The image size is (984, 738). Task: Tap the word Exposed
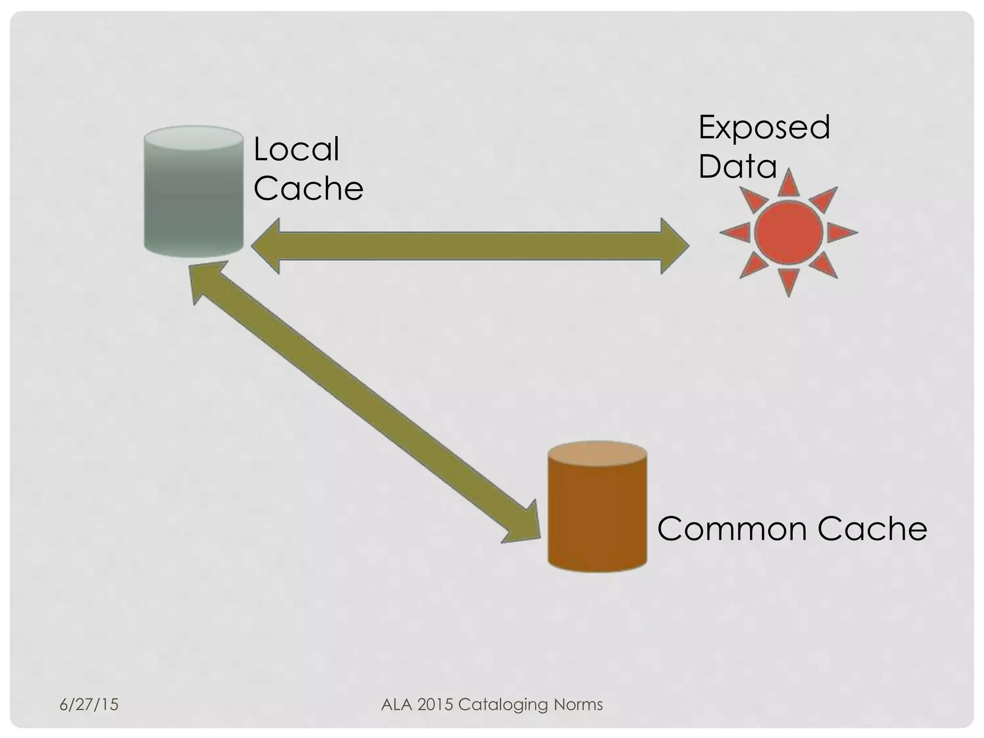tap(764, 128)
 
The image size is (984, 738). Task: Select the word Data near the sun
tap(738, 166)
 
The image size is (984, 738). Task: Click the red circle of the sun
tap(788, 233)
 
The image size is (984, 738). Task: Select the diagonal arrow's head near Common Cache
tap(524, 526)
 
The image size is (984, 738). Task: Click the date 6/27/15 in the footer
tap(89, 704)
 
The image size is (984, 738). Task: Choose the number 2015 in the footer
tap(435, 704)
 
